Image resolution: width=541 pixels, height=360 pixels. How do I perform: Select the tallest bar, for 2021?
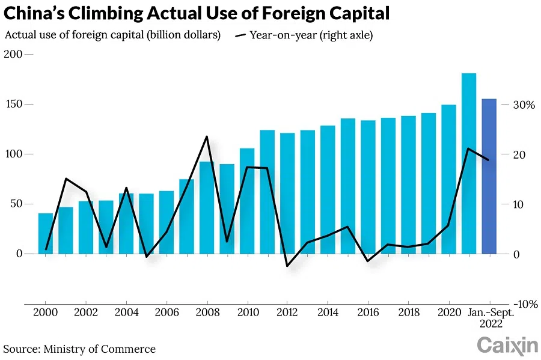click(469, 163)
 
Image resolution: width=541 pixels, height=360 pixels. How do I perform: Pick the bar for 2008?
click(207, 207)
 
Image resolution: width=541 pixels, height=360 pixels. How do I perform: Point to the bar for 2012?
click(287, 193)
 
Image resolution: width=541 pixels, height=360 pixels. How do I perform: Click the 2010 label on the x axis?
click(247, 313)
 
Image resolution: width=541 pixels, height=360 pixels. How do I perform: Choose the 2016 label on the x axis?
click(368, 313)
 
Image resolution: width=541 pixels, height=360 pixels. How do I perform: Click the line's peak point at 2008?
click(207, 136)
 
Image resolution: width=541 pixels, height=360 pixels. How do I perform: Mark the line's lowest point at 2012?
click(287, 266)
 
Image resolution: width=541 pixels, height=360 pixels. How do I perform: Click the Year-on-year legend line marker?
click(240, 35)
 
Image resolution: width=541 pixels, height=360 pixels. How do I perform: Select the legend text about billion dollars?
click(112, 35)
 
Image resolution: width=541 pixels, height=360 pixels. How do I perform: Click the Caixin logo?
click(507, 346)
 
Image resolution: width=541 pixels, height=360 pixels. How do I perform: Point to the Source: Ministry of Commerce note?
click(79, 349)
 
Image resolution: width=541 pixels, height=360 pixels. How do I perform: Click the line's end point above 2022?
click(489, 160)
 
